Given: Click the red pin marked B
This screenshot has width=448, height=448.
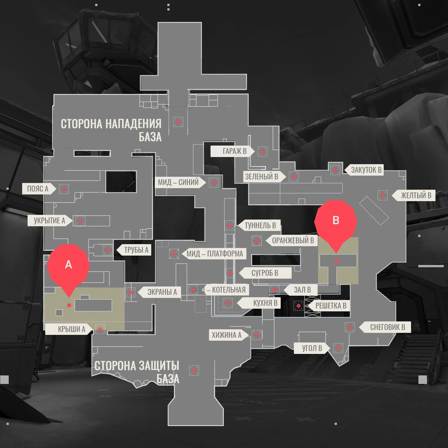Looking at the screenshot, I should pos(336,221).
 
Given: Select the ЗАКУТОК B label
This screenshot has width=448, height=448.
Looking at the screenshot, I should pos(366,170).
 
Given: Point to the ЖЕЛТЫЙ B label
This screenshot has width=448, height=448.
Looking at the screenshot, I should pos(416,195).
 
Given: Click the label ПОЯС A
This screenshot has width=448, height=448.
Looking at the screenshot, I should pos(38,189).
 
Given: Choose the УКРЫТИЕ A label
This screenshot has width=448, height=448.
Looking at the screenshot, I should pos(49,221).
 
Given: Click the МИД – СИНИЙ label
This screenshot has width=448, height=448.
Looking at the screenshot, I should pos(178,182).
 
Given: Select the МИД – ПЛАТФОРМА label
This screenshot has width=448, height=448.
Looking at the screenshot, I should pos(214,254).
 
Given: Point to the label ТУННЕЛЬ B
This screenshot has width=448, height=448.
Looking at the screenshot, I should pos(260,225).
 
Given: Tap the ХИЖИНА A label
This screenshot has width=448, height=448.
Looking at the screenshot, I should pos(226,335).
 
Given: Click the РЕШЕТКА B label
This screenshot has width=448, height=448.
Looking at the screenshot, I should pos(331,306).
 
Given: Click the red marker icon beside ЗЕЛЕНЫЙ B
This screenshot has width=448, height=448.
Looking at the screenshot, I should pos(294,177).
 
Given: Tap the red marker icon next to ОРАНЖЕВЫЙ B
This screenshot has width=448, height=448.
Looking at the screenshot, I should pos(256,240).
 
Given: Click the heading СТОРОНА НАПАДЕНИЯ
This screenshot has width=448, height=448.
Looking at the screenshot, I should pos(111,124).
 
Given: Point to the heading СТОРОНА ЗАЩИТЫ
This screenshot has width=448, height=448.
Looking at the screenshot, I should pos(137,366).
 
